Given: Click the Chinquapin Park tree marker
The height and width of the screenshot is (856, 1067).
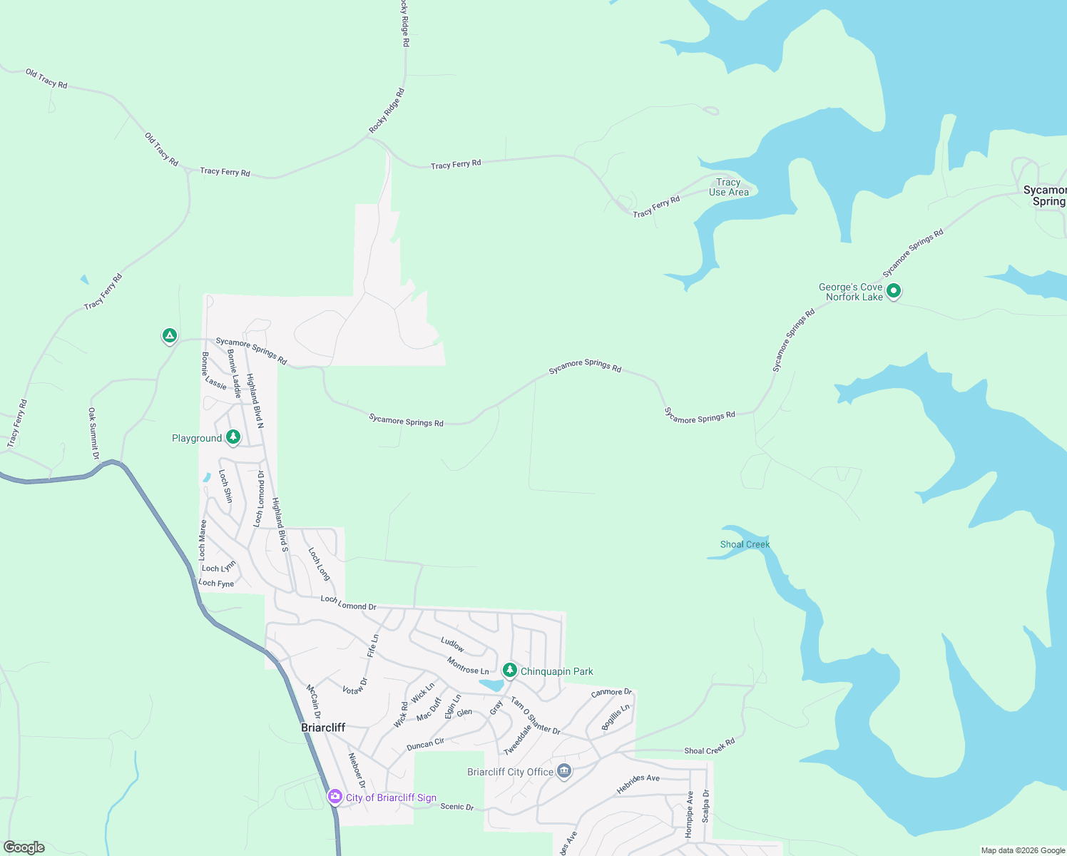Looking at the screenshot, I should point(509,670).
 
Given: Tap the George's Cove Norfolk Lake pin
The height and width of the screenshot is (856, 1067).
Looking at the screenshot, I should point(894,290).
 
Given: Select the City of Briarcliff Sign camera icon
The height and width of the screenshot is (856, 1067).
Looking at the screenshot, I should point(335,796).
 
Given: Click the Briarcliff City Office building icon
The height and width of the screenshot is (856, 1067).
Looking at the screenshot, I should point(564,771).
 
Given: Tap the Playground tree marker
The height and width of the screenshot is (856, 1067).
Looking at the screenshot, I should point(233,437).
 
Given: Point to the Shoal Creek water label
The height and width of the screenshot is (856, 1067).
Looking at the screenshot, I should point(745,544).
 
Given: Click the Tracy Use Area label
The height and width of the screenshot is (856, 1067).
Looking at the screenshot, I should point(728,187).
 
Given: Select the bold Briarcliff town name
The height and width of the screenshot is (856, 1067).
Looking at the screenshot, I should point(323,728).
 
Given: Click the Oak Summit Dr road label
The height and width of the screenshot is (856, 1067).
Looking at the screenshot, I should point(93,433).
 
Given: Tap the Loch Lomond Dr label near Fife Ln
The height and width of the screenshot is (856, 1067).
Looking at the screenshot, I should point(348,603).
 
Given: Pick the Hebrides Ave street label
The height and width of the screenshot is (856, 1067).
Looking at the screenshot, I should point(638,783).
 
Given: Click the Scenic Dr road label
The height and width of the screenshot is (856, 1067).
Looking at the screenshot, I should point(456,807).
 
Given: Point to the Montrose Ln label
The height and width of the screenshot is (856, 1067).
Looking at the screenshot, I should point(468,666).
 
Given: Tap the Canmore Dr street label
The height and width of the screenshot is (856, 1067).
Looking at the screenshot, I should point(611,692).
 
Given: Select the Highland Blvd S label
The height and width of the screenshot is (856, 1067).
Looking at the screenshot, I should point(280,524).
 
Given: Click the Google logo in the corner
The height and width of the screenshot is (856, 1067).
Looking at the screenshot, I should point(24,847).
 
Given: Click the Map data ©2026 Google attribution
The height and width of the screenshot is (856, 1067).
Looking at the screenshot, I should point(1022,850).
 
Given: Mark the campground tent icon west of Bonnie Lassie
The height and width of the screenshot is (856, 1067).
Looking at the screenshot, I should point(169,335).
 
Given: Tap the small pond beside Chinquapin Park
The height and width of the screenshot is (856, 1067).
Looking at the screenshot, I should point(491,685).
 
